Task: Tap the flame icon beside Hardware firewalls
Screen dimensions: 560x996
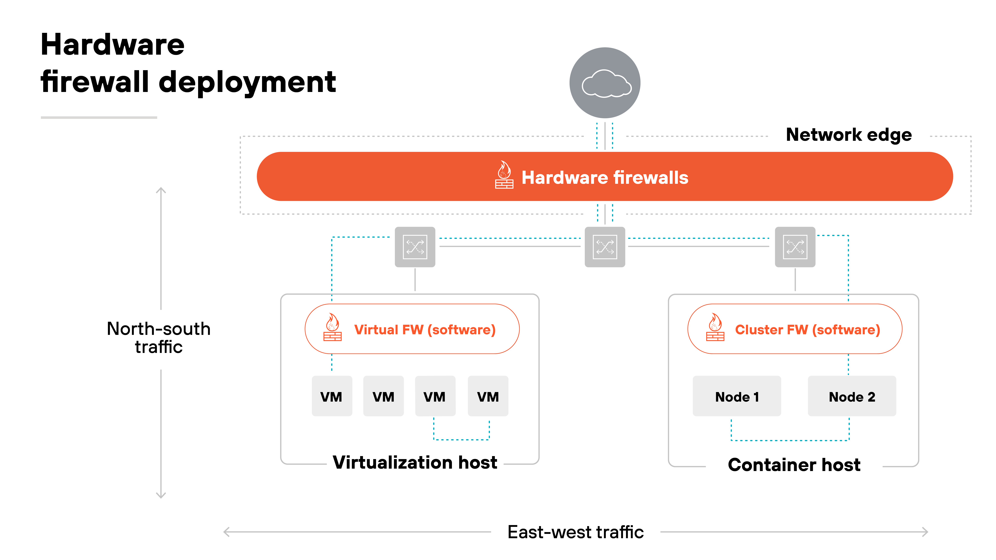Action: pos(504,175)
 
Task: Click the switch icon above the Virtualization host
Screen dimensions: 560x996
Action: pos(415,247)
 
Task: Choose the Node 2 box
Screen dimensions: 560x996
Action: pos(852,397)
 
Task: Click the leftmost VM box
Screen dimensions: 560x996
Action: pos(332,397)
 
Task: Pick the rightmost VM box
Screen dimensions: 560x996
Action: pos(488,397)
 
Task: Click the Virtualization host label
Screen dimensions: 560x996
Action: pos(415,463)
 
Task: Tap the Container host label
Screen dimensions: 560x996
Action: pos(794,465)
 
